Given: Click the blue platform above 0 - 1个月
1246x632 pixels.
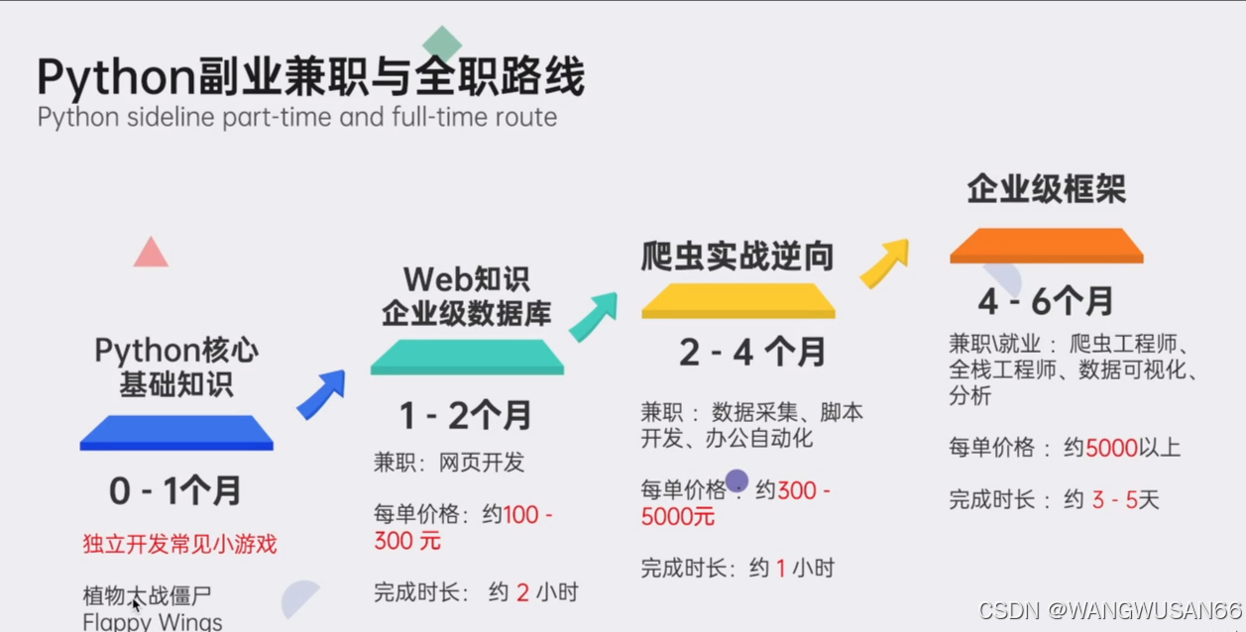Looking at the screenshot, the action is [176, 433].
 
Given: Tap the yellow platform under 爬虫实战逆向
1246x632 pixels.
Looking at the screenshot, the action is [738, 300].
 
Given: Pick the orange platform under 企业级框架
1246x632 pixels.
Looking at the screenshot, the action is [1046, 246].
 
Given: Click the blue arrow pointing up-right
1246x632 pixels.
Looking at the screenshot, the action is [321, 393].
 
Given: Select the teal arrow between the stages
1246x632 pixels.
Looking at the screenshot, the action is [593, 317].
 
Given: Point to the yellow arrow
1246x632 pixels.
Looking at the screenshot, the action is [884, 263].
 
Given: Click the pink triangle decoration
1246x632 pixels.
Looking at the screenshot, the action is [151, 254].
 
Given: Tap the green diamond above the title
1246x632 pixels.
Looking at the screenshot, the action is [442, 45].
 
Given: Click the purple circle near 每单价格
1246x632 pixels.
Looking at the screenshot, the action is [736, 481].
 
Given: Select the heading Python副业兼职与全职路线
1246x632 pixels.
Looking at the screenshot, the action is [310, 77].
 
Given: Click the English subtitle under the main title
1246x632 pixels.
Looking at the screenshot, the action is [297, 118].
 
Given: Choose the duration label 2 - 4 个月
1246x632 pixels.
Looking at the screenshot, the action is [752, 353].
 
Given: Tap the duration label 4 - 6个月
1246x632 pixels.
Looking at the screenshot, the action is [1046, 300].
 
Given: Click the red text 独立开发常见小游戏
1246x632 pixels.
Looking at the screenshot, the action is [179, 544].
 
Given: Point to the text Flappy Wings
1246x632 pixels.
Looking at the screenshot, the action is [153, 622].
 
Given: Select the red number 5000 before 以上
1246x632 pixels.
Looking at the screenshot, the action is [1111, 448].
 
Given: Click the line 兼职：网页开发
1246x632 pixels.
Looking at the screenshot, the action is [449, 463].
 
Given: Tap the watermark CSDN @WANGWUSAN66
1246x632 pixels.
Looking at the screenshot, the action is [1109, 611].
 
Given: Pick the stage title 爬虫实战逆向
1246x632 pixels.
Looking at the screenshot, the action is [737, 257].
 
